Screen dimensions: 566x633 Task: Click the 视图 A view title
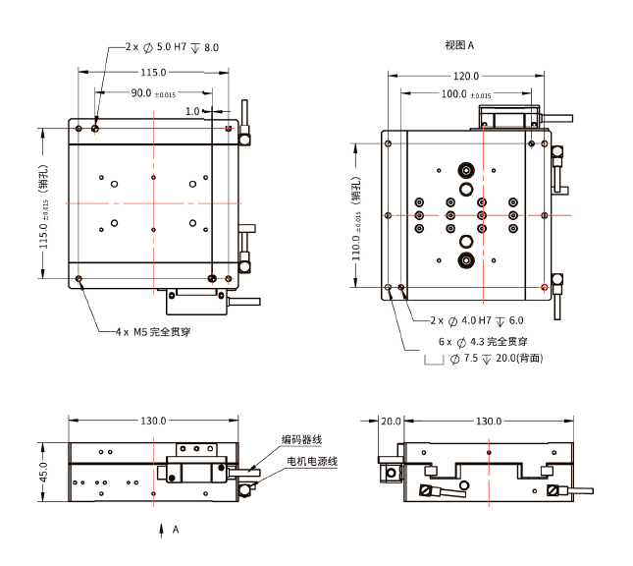(x=459, y=45)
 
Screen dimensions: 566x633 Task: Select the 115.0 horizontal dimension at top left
(x=153, y=73)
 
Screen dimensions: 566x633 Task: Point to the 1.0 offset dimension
(x=192, y=111)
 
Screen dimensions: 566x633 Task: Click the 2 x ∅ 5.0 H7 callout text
(x=173, y=46)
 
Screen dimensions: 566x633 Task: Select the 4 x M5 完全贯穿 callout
(x=152, y=332)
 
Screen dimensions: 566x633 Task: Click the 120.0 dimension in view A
(x=465, y=76)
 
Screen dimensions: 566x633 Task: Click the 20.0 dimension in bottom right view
(x=391, y=421)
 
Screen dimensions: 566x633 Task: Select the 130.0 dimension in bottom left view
(x=153, y=421)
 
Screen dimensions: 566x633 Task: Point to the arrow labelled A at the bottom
(x=163, y=530)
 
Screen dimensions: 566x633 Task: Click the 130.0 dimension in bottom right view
(x=488, y=421)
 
